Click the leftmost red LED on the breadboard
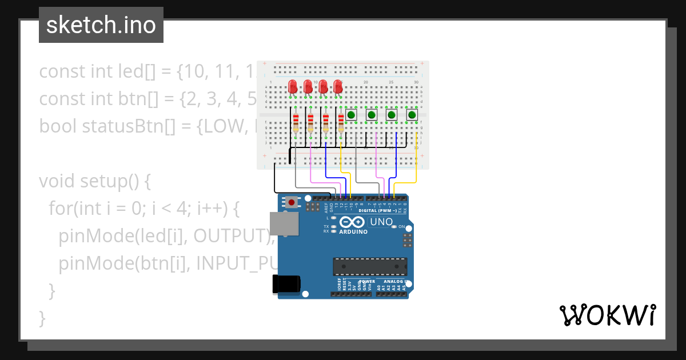tap(293, 87)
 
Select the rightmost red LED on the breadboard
tap(338, 87)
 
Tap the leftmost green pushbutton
tap(351, 115)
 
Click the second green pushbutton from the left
tap(371, 115)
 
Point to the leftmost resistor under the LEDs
tap(296, 123)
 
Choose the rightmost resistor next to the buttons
tap(341, 123)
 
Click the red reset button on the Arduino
tap(292, 202)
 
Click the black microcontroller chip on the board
tap(370, 267)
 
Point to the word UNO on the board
tap(381, 222)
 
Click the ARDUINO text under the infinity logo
tap(353, 232)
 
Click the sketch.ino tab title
tap(101, 25)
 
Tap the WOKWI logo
tap(607, 315)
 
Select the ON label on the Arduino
tap(401, 227)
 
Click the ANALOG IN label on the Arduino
tap(395, 282)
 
